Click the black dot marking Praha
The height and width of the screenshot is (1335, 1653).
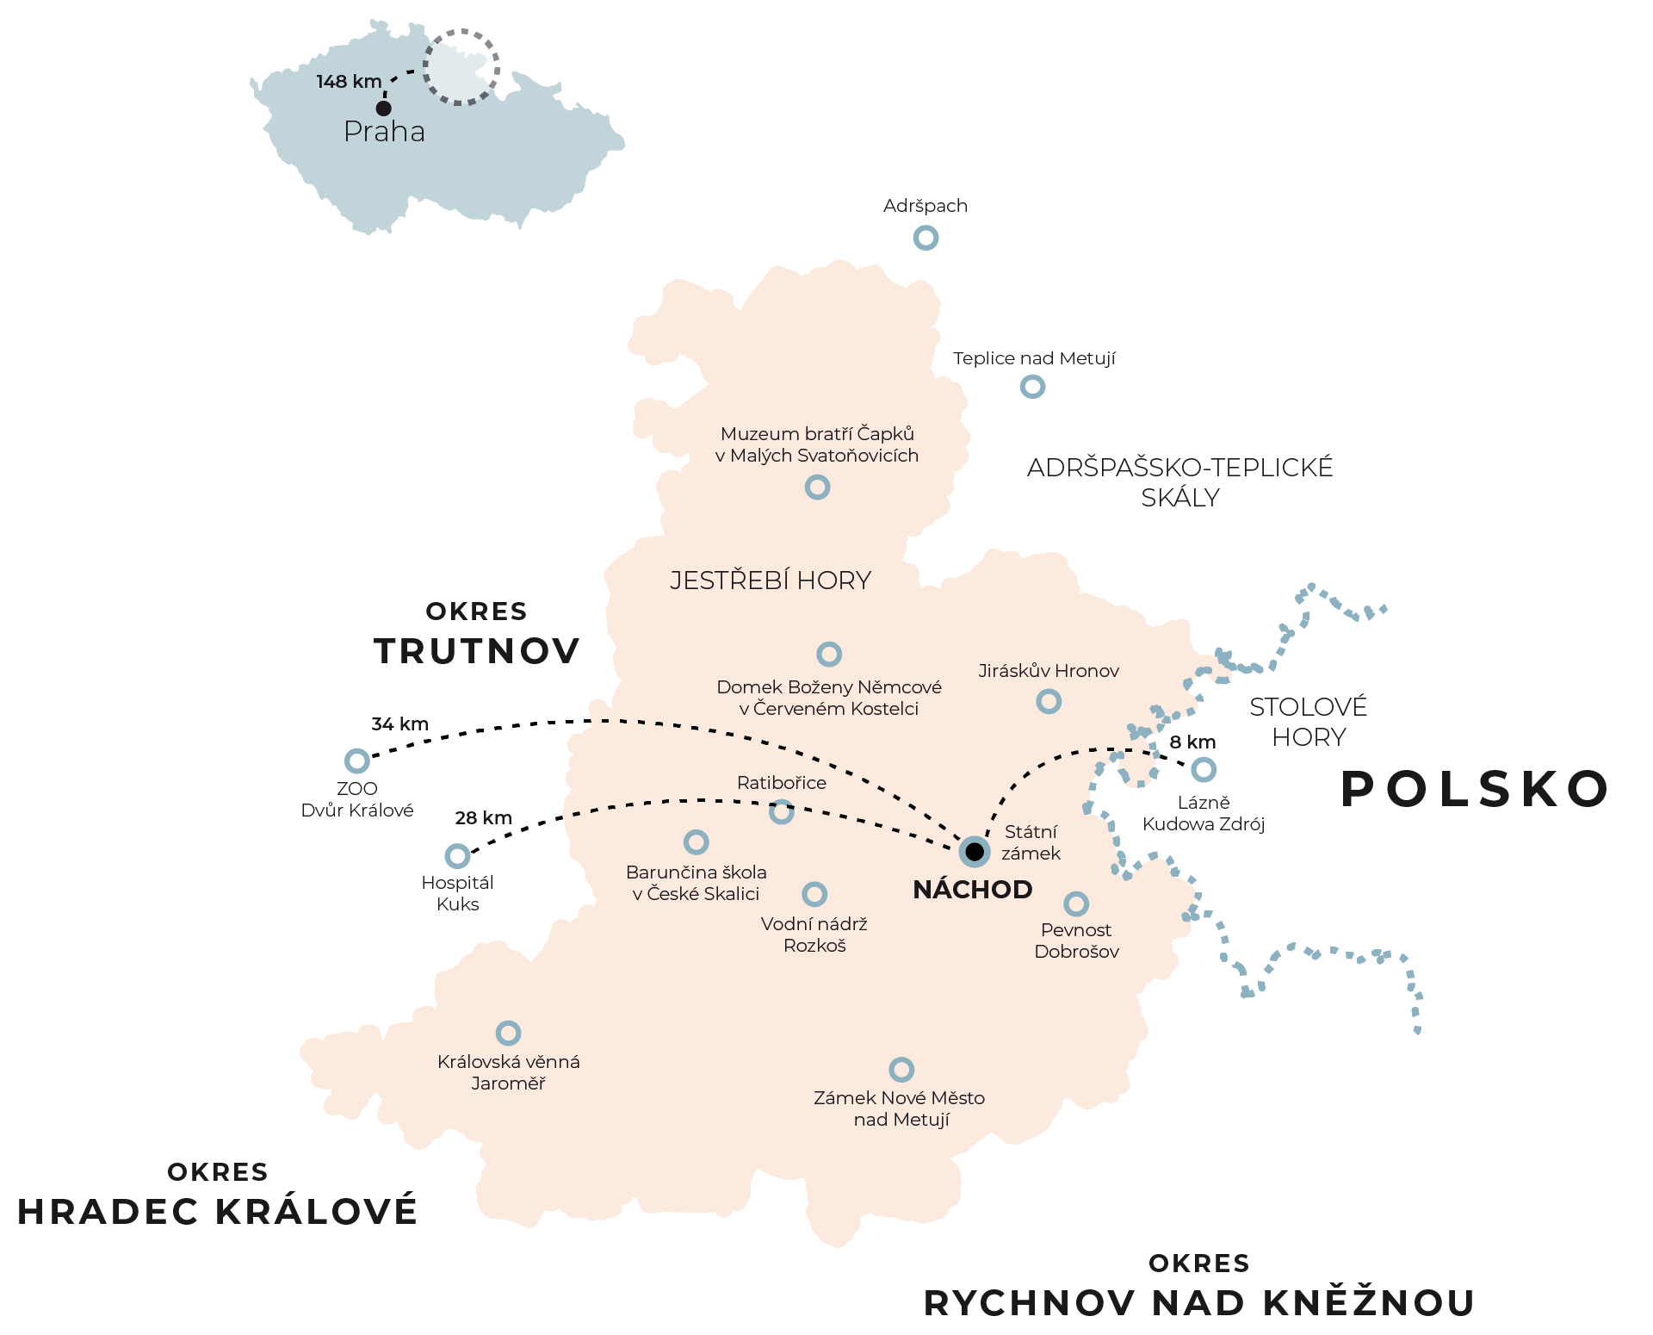click(x=384, y=108)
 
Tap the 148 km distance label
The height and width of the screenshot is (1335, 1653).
click(x=349, y=82)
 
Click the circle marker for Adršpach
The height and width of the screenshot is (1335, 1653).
click(x=926, y=238)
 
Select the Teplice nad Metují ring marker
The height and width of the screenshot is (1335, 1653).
click(x=1032, y=387)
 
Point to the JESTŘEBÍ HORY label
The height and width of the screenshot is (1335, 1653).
click(x=771, y=581)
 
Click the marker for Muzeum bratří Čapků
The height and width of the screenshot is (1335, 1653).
click(x=817, y=487)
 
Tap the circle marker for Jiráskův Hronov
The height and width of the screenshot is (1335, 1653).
click(x=1049, y=701)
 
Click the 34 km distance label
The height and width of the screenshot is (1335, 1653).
click(x=399, y=724)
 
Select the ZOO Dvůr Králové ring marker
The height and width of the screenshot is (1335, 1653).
click(x=356, y=761)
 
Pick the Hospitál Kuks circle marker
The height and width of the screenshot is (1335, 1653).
click(x=457, y=856)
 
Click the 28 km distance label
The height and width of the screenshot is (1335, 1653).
click(x=483, y=818)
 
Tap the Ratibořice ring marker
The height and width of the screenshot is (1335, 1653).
click(x=781, y=811)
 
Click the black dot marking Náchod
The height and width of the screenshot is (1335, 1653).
click(x=975, y=852)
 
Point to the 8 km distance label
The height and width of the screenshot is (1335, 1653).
click(x=1192, y=742)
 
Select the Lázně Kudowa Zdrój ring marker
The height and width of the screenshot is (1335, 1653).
click(x=1204, y=769)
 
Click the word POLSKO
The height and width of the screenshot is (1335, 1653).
click(x=1475, y=789)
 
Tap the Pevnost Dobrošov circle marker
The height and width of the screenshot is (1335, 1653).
click(x=1076, y=904)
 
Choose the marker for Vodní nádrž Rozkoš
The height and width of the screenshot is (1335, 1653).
click(x=814, y=894)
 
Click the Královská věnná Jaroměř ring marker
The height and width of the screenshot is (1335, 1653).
click(x=508, y=1033)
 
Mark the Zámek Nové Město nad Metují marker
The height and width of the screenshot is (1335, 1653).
click(x=901, y=1070)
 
